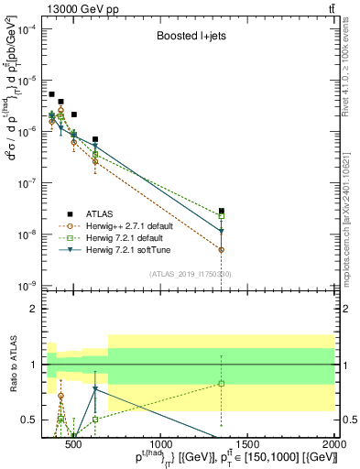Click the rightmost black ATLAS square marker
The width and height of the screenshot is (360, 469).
222,211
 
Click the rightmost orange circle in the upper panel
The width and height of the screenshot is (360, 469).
222,249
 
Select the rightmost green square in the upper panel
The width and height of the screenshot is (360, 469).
222,216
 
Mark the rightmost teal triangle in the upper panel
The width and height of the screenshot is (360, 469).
222,231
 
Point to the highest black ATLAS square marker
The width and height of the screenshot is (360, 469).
52,94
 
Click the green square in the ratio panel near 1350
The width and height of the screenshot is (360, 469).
222,383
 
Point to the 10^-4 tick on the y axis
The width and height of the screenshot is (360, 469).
29,29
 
